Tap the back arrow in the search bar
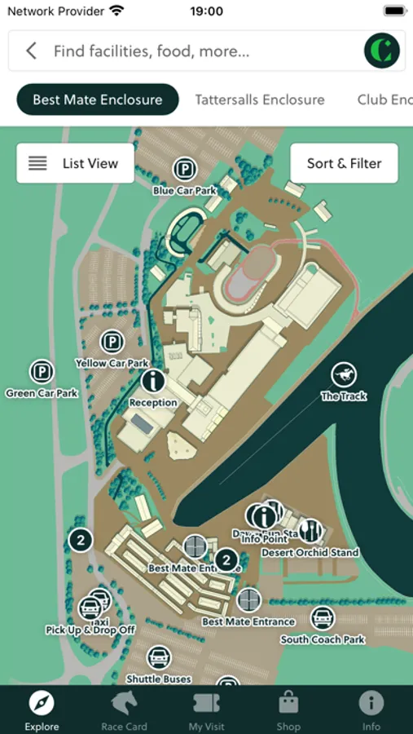(x=31, y=51)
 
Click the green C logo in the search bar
(x=382, y=51)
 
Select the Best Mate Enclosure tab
(x=98, y=99)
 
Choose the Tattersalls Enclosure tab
(x=260, y=99)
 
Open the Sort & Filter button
(x=344, y=163)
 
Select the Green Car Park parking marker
(x=42, y=374)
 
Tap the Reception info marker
(x=153, y=381)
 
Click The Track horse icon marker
(x=344, y=375)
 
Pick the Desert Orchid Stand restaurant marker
(x=310, y=532)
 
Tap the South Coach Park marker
(x=323, y=619)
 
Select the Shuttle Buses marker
(x=159, y=658)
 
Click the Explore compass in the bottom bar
(x=42, y=709)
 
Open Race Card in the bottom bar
(x=124, y=709)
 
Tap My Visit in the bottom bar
(x=206, y=709)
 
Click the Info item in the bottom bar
(x=371, y=709)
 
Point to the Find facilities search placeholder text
(x=152, y=51)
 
